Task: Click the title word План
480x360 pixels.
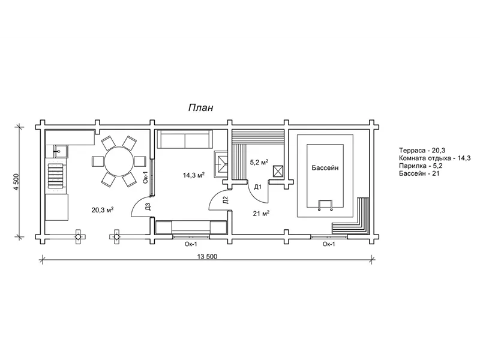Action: tap(200, 108)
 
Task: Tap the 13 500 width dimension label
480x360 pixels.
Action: tap(207, 257)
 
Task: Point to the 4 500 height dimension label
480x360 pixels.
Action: tap(16, 182)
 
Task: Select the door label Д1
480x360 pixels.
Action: tap(258, 187)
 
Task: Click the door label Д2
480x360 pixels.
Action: tap(226, 200)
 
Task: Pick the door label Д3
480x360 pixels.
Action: tap(148, 207)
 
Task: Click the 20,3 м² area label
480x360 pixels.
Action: tap(103, 209)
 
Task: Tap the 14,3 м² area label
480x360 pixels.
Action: tap(194, 175)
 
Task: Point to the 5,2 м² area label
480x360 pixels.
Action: tap(259, 162)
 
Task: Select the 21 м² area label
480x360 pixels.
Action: tap(261, 213)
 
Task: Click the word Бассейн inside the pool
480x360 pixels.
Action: tap(325, 168)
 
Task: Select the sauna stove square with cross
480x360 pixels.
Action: tap(278, 171)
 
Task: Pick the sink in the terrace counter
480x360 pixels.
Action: tap(59, 151)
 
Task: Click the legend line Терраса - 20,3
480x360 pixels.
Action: tap(422, 151)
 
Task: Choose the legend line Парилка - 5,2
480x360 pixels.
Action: tap(421, 166)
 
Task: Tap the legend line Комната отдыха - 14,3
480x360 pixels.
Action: tap(434, 158)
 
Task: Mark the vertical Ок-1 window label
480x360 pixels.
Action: tap(146, 177)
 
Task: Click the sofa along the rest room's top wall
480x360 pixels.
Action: tap(185, 140)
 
